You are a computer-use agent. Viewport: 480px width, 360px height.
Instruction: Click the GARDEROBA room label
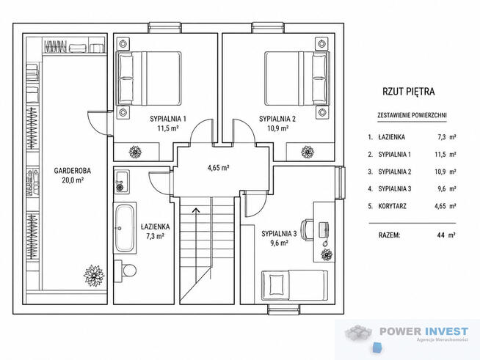pos(73,171)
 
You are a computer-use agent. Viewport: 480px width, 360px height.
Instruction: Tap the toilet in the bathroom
pos(126,269)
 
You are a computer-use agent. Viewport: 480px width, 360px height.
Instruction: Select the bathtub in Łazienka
pos(125,227)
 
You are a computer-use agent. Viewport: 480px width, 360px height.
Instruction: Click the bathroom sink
pos(122,182)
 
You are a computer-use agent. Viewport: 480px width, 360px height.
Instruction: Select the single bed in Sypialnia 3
pos(294,284)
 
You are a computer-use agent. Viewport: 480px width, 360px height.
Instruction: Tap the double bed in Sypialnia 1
pos(149,78)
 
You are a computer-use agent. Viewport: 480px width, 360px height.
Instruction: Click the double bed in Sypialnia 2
pos(297,78)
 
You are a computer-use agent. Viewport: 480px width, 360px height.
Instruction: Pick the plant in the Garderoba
pos(94,276)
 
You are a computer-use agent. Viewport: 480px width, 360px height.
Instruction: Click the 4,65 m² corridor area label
pos(218,168)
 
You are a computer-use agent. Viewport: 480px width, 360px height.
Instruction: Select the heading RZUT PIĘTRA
pos(408,92)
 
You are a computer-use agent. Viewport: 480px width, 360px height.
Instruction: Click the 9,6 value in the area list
pos(442,188)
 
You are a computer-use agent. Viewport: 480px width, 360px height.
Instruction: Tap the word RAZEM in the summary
pos(389,235)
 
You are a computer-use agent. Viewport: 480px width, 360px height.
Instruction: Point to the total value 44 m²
pos(446,235)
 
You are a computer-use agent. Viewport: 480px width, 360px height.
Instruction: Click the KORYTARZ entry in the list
pos(392,206)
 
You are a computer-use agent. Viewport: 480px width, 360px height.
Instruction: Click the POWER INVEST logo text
pos(423,331)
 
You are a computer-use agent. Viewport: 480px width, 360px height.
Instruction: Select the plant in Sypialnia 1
pos(135,152)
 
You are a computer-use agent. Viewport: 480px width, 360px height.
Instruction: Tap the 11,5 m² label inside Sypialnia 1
pos(168,128)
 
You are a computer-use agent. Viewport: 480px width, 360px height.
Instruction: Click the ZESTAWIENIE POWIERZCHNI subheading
pos(412,115)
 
